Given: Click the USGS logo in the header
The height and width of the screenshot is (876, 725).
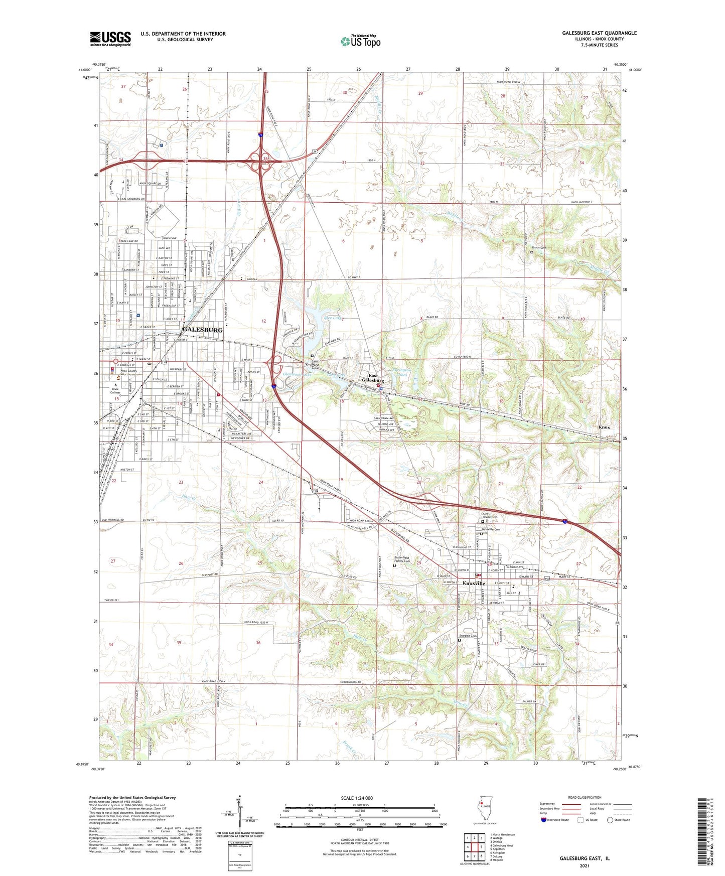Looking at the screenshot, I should (x=110, y=39).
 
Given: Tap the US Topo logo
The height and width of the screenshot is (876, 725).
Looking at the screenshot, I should (x=361, y=41).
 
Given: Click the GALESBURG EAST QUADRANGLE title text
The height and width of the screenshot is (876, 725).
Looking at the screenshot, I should (x=599, y=33).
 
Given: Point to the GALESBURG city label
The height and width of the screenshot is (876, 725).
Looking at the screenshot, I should (x=202, y=330).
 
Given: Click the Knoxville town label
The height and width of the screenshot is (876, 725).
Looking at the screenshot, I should (x=474, y=583).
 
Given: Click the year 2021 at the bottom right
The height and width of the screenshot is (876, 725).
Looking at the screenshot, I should (x=584, y=866).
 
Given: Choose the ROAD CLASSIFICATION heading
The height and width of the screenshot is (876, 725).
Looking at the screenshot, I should (x=585, y=797).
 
